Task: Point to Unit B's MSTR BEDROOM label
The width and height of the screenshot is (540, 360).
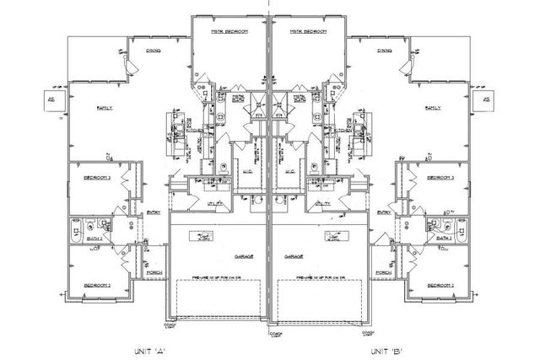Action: pos(308,31)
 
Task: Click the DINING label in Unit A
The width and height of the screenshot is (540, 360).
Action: pos(154,51)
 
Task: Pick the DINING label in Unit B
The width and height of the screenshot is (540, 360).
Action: pos(385,51)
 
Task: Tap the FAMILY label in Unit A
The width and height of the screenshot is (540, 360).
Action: pos(105,108)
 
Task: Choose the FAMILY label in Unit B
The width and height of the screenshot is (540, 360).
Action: pos(434,108)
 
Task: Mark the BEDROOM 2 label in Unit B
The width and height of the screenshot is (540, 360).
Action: pos(440,286)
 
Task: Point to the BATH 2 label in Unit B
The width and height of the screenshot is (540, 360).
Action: pos(445,237)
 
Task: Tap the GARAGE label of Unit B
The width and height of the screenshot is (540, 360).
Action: pos(294,255)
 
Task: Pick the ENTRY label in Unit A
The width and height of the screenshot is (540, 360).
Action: pos(154,212)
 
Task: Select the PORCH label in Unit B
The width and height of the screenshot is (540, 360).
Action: pos(383,272)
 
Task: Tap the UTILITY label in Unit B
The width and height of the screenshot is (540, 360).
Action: pos(323,203)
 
